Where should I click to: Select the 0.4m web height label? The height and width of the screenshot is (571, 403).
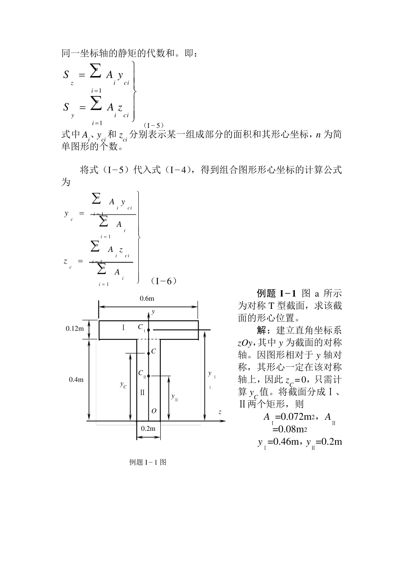[76, 380]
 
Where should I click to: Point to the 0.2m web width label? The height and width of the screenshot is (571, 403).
[148, 428]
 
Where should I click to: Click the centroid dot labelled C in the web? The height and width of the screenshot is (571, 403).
[149, 353]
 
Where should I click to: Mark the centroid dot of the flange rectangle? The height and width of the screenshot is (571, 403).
[149, 330]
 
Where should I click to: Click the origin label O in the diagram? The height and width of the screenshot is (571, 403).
[154, 411]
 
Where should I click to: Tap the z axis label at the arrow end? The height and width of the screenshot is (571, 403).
[220, 412]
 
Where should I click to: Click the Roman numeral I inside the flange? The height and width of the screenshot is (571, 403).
[123, 327]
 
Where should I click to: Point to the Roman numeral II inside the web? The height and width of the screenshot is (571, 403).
[143, 393]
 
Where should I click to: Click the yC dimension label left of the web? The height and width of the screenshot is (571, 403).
[123, 385]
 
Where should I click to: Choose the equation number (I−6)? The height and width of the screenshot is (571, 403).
[163, 281]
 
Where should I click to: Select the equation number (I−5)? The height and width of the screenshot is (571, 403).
[154, 125]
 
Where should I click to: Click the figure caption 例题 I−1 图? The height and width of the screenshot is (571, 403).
[148, 462]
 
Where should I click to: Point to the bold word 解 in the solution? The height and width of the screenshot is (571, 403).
[262, 330]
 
